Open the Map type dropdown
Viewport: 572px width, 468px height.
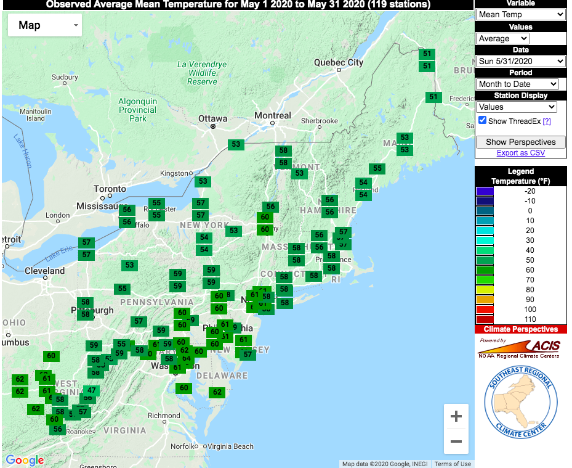coord(45,25)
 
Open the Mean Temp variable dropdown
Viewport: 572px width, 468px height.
coord(521,14)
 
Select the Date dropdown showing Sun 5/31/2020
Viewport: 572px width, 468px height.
coord(521,61)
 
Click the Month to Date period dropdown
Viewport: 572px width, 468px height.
coord(517,84)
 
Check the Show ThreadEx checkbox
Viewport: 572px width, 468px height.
coord(482,121)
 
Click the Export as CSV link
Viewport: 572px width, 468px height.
coord(520,153)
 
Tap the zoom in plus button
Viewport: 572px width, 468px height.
coord(456,417)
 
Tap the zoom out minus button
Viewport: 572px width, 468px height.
coord(456,441)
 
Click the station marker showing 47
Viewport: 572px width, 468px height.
coord(91,390)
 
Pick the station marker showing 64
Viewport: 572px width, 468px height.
coord(187,358)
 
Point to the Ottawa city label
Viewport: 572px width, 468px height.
coord(212,118)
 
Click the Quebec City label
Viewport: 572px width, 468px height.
coord(339,62)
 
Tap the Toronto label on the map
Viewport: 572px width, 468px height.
coord(110,189)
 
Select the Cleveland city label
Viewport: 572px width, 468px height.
coord(44,271)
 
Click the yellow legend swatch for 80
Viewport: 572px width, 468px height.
coord(485,290)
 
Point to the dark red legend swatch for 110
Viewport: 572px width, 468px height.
coord(485,319)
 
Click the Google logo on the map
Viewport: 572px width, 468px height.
coord(25,460)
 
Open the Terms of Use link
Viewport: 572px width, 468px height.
coord(453,464)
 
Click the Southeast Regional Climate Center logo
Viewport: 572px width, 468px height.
coord(521,401)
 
